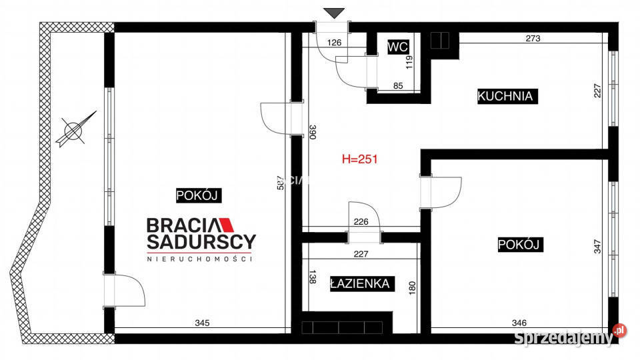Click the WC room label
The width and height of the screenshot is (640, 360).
point(398,47)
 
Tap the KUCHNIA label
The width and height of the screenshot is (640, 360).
point(505,96)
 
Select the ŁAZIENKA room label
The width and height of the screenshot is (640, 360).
point(359,284)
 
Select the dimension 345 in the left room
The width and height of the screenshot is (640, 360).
point(202,323)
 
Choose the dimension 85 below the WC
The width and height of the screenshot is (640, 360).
point(397,85)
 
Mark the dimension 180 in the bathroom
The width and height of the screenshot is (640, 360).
point(411,287)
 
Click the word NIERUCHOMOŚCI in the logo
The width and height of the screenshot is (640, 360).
point(199,258)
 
